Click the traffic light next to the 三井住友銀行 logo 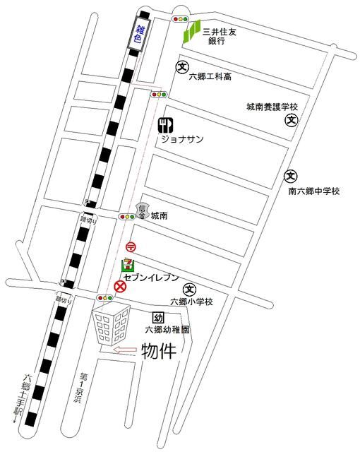tap(182, 19)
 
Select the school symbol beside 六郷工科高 tap(182, 68)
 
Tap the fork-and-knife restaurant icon tap(165, 126)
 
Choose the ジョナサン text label tap(183, 140)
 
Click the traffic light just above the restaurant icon tap(158, 94)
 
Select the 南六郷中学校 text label tap(314, 191)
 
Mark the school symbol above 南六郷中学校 tap(290, 176)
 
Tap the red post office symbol tap(131, 246)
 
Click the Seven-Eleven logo tap(127, 266)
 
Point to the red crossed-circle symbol tap(120, 286)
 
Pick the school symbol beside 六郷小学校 tap(188, 289)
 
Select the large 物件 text tap(159, 351)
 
